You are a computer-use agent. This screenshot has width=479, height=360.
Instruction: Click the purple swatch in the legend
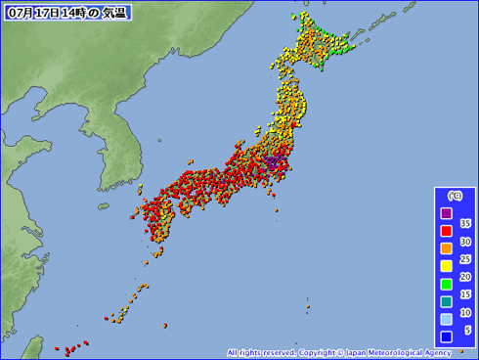(x=446, y=214)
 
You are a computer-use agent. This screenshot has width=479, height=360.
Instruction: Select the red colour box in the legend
(x=446, y=232)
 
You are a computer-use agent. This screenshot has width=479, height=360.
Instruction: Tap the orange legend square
(x=446, y=249)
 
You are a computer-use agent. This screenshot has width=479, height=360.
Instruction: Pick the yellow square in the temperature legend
(x=446, y=267)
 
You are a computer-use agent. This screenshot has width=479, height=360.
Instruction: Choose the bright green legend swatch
(x=446, y=285)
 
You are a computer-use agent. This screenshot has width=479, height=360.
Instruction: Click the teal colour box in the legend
(x=446, y=302)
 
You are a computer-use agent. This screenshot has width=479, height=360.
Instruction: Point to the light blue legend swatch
(x=446, y=320)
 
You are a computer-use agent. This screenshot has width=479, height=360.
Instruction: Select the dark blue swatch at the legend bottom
(x=446, y=337)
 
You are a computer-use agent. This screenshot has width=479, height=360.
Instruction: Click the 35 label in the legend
(x=465, y=223)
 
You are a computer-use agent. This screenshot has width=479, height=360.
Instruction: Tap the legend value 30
(x=465, y=241)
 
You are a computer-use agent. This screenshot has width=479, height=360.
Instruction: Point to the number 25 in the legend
(x=465, y=258)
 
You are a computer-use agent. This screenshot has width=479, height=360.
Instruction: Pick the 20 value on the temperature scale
(x=465, y=276)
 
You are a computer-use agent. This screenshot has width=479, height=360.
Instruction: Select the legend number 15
(x=465, y=293)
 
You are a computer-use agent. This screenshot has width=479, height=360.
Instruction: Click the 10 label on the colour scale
(x=465, y=311)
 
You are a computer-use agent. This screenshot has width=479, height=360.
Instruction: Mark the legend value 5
(x=467, y=329)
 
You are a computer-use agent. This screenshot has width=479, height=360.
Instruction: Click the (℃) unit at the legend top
(x=455, y=197)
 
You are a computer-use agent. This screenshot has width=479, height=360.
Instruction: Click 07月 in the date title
(x=19, y=13)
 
